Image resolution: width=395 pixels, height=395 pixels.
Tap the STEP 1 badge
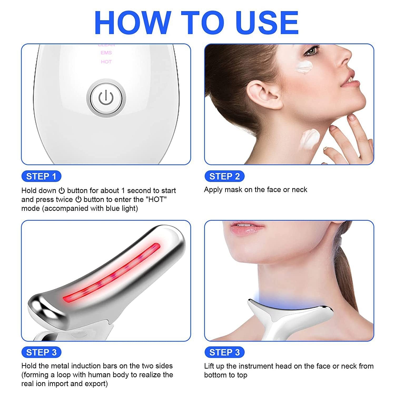point(41,176)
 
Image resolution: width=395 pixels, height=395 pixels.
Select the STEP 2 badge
point(224,176)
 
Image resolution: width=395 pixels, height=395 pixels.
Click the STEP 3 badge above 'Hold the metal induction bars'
point(41,352)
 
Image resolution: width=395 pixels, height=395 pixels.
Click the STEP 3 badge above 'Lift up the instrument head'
point(224,352)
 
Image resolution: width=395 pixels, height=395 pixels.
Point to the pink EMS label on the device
point(106,53)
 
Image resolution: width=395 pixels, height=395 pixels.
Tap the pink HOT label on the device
point(106,62)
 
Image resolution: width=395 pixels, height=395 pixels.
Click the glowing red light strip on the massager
point(111,274)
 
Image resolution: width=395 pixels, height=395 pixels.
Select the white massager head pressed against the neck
point(287,313)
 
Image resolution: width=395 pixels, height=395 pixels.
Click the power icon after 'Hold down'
point(62,191)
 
